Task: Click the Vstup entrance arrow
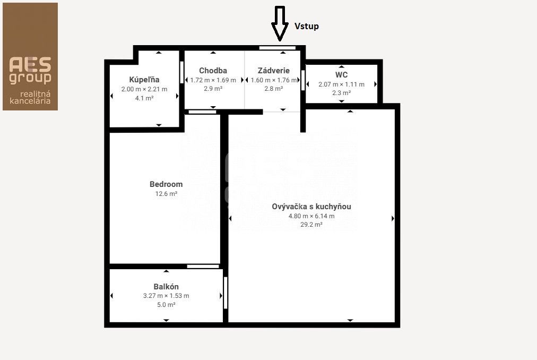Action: point(280,24)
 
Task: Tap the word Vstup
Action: point(307,27)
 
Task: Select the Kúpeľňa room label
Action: point(144,80)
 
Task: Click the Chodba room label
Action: point(213,71)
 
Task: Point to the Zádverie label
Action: point(274,71)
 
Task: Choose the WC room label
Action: point(341,75)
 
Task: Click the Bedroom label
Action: point(166,184)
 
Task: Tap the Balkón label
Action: point(166,287)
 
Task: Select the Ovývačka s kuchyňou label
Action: point(311,207)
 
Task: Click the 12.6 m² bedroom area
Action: point(166,194)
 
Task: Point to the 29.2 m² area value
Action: point(311,225)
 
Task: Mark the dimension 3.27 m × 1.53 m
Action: point(166,296)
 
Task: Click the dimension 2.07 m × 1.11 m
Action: point(341,84)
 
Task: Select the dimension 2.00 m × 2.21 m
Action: point(144,89)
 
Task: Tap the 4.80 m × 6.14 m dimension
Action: point(311,216)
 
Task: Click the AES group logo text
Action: point(30,70)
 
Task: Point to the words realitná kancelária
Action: point(30,97)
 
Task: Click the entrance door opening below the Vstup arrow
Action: point(278,48)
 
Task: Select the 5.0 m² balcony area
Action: point(166,304)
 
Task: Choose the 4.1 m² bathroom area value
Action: point(144,98)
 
